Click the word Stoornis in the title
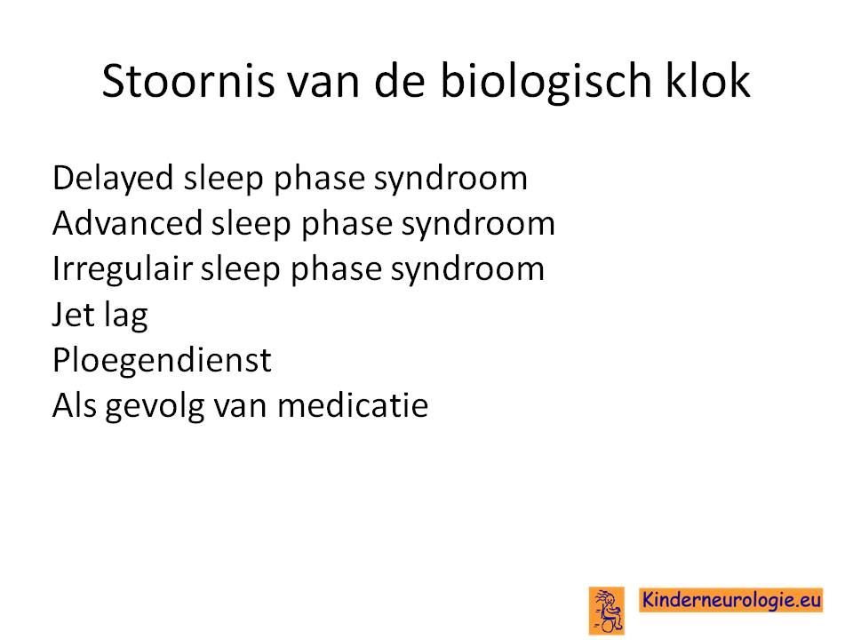coord(188,81)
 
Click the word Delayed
coord(113,179)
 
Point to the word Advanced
coord(126,223)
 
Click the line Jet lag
coord(100,316)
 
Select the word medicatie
coord(353,405)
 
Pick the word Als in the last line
coord(75,405)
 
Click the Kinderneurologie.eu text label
coord(731,600)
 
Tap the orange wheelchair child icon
coord(607,610)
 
